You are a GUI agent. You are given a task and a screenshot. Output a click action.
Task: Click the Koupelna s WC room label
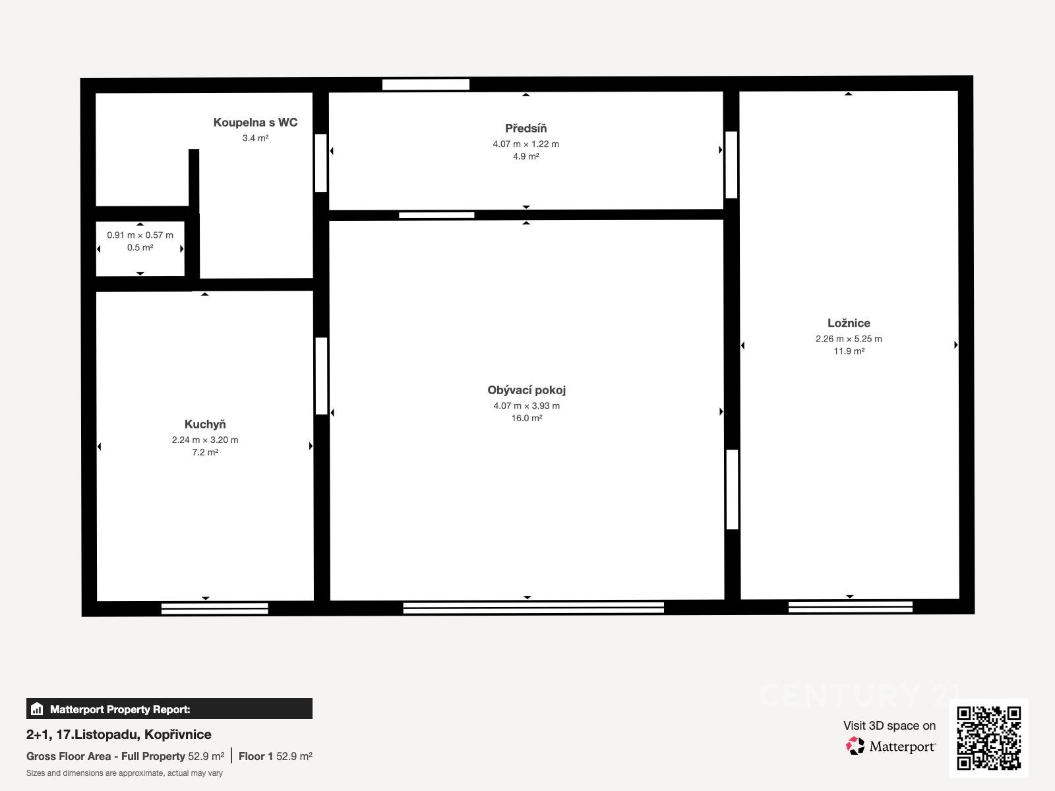255,123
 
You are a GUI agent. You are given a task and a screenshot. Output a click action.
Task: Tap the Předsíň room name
526,129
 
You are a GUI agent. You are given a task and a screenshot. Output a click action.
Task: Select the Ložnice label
849,323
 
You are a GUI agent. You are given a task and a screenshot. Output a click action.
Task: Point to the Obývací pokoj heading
526,390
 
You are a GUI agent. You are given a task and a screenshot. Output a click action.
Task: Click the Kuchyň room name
205,424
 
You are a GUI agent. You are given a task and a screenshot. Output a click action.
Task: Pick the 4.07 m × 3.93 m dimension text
526,406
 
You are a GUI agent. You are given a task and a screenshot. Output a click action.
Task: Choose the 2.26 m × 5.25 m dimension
849,339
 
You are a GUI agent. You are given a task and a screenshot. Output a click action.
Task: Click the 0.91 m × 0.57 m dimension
140,235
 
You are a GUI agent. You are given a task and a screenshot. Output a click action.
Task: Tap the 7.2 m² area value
205,452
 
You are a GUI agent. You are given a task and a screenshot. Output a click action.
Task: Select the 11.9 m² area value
849,351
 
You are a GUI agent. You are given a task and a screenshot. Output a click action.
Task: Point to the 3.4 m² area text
255,138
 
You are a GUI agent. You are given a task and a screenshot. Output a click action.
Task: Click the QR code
988,738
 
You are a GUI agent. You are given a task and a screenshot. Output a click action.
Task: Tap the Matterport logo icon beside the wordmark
855,746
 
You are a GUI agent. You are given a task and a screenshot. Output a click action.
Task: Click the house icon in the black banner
37,709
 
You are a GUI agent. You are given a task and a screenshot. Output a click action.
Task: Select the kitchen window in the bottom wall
214,608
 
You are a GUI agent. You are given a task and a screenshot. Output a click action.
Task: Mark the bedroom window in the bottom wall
850,607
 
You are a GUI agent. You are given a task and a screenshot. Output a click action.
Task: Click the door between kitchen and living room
321,376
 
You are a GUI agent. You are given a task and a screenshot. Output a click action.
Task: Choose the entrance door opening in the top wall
426,84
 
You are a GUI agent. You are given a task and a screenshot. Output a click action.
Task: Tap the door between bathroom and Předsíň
320,163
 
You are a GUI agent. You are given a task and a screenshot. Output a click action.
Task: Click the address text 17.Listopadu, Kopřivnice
134,734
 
